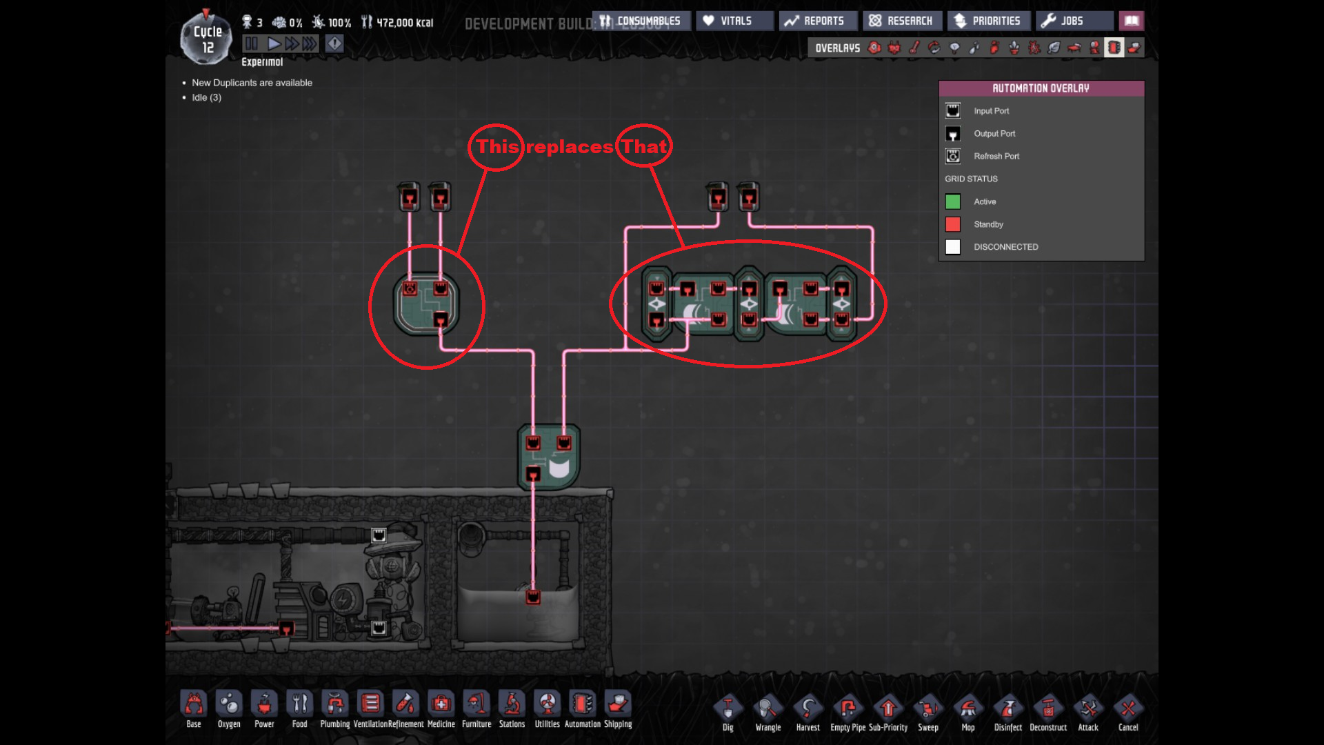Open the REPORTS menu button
tap(818, 21)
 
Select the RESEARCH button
tap(901, 21)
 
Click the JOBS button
tap(1072, 21)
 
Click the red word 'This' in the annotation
tap(497, 147)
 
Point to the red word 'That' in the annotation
tap(644, 146)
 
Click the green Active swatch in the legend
tap(953, 201)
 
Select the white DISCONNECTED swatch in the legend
tap(953, 247)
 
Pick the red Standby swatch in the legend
tap(953, 224)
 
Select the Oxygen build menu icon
tap(229, 705)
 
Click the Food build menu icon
tap(299, 705)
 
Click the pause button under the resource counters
tap(252, 43)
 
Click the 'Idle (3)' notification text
tap(206, 97)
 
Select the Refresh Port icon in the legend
tap(953, 156)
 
